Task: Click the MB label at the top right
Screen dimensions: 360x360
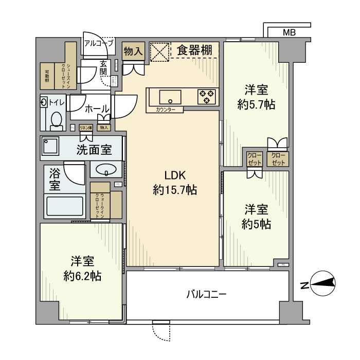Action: pyautogui.click(x=289, y=32)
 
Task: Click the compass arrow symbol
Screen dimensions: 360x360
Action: pyautogui.click(x=324, y=282)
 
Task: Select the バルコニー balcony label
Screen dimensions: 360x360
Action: pyautogui.click(x=206, y=294)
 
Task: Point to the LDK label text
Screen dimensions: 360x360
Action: pyautogui.click(x=174, y=175)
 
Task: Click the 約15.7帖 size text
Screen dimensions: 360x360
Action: pyautogui.click(x=174, y=190)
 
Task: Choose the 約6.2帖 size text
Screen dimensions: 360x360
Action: pyautogui.click(x=82, y=276)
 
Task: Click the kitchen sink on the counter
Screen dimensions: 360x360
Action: pyautogui.click(x=170, y=96)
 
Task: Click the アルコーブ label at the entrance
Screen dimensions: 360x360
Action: pyautogui.click(x=99, y=44)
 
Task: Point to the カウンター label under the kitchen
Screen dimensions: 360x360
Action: pyautogui.click(x=164, y=110)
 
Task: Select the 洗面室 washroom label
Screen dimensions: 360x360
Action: pyautogui.click(x=95, y=150)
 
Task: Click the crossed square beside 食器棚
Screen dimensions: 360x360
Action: pyautogui.click(x=159, y=51)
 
